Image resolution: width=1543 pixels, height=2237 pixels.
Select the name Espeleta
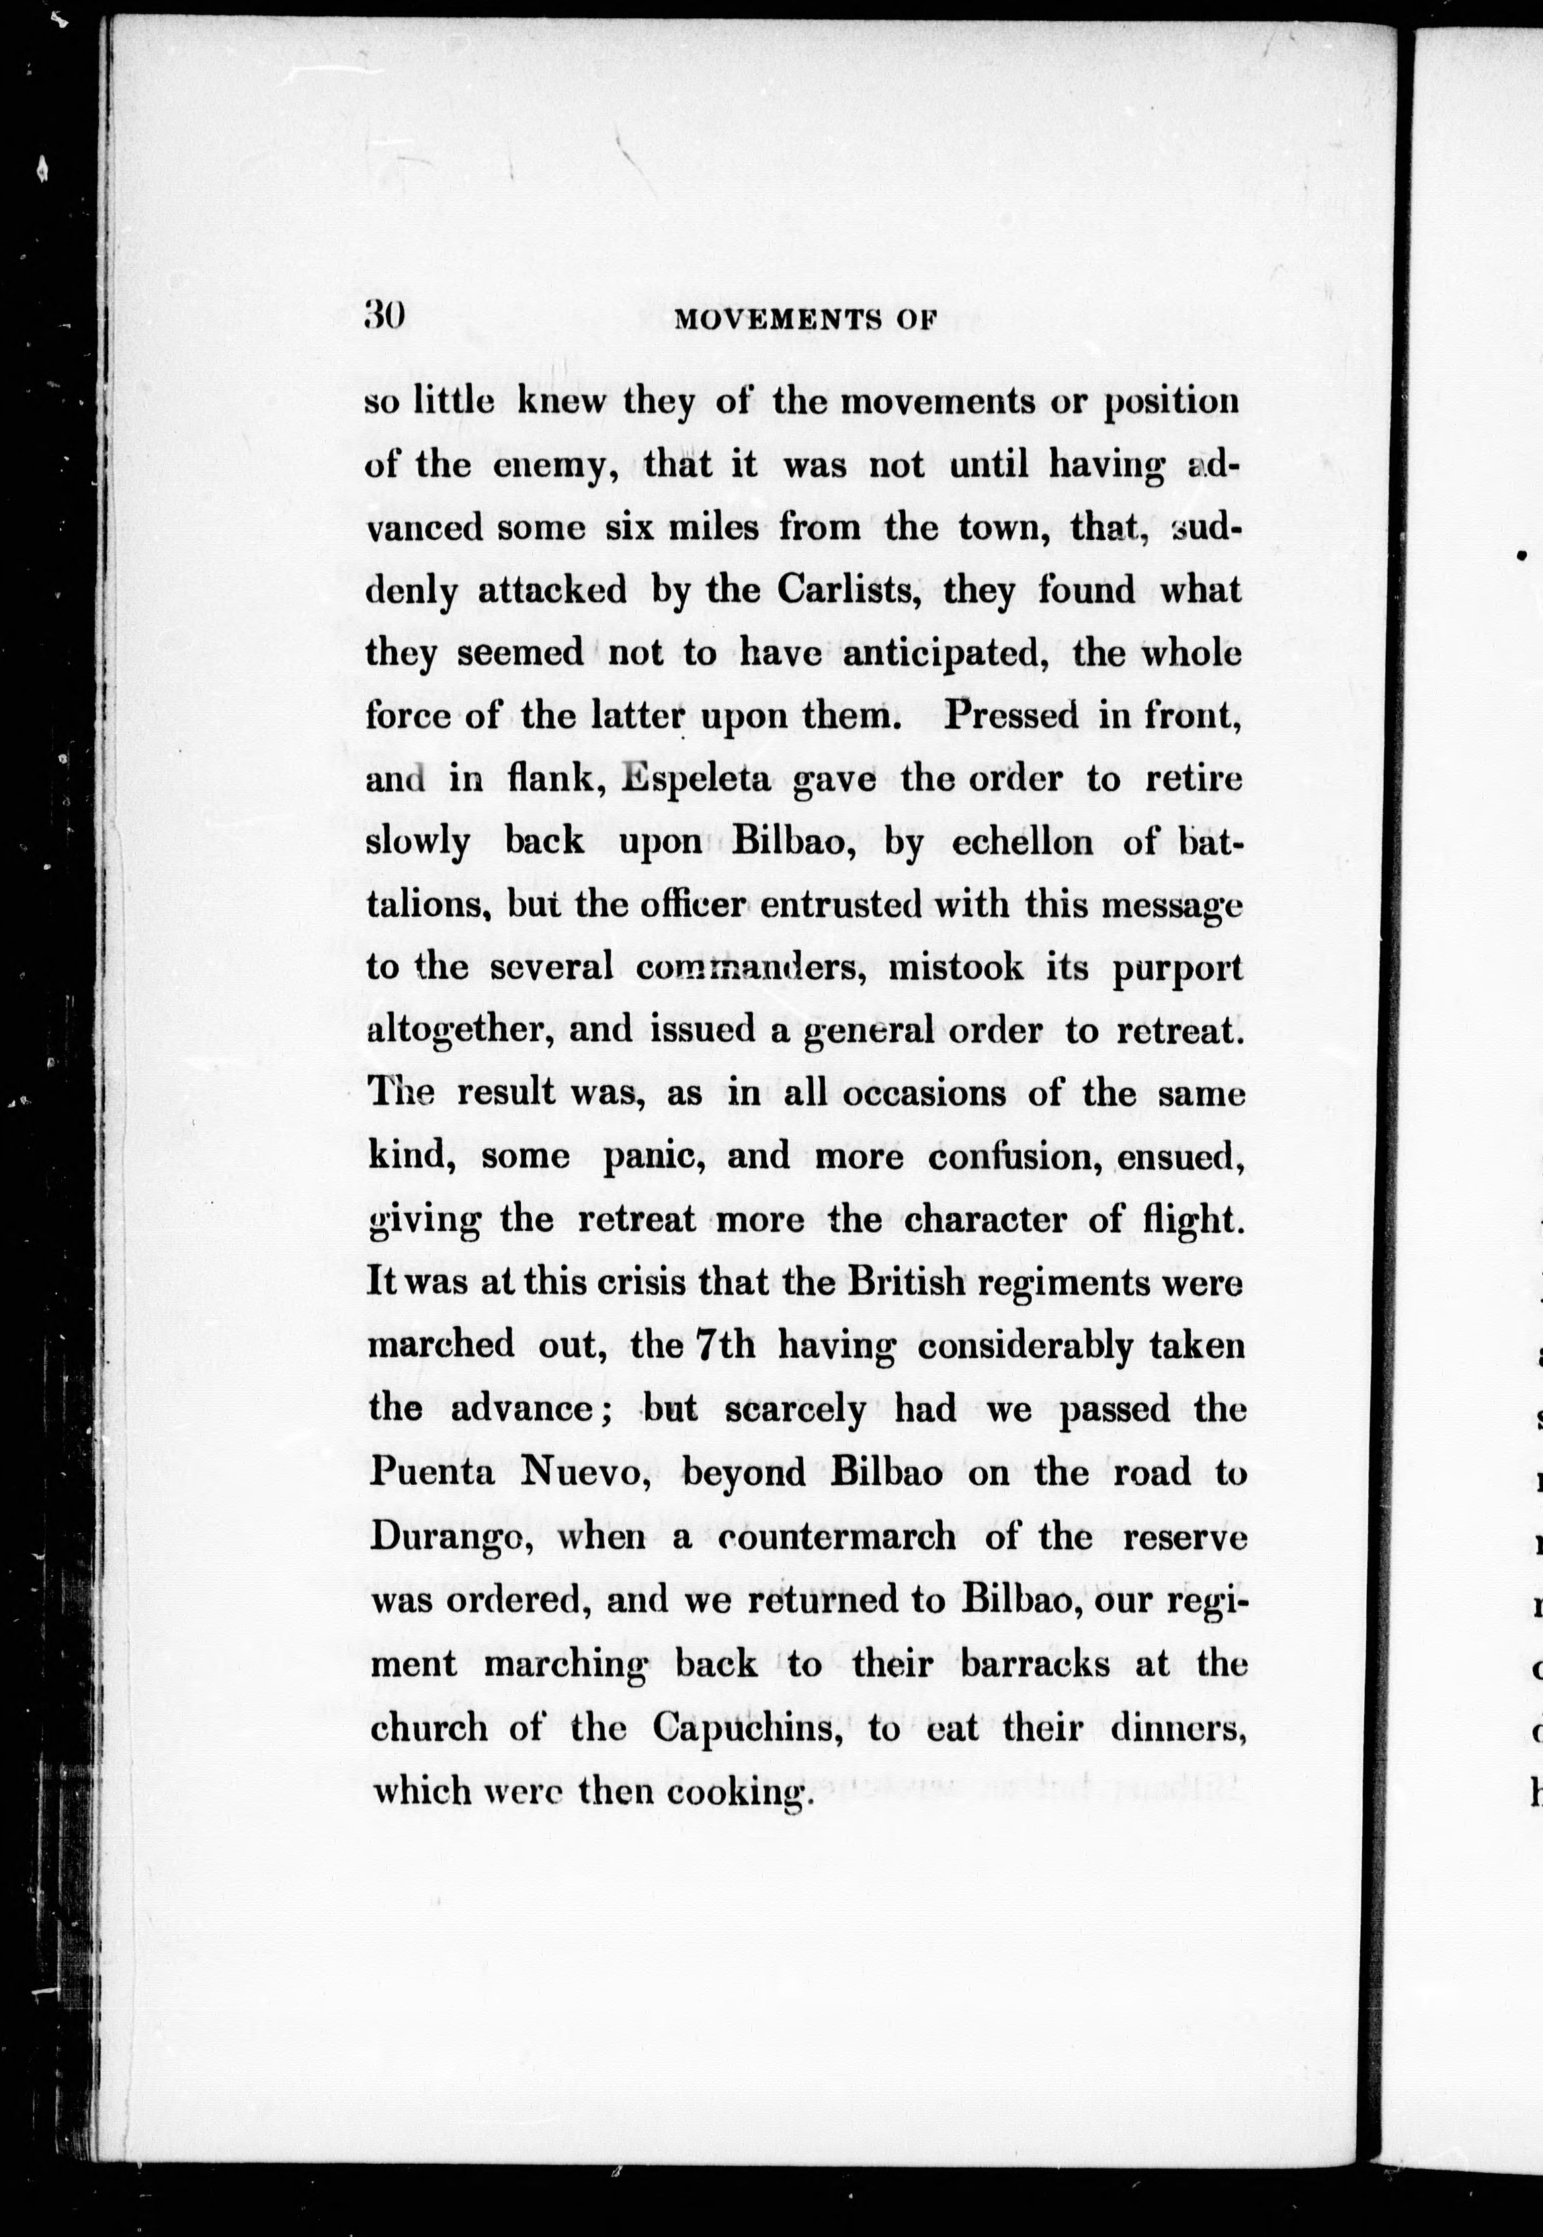696,779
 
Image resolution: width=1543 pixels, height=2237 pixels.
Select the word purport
1177,969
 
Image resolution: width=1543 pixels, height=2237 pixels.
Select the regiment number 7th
725,1345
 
